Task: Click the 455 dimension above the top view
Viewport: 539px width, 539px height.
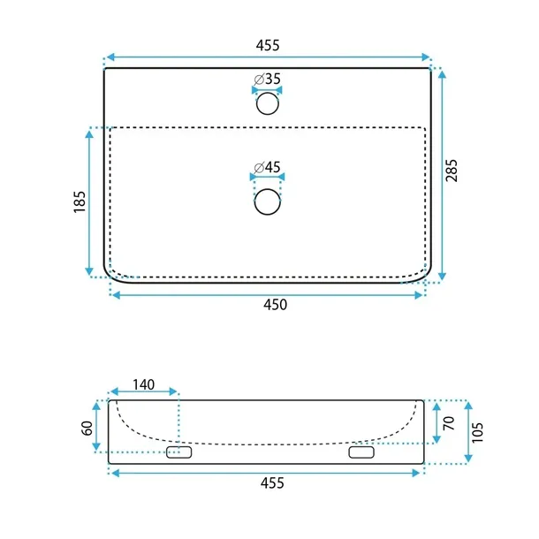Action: tap(268, 45)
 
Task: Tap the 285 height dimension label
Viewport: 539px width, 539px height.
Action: tap(452, 171)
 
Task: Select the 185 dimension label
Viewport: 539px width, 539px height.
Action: tap(80, 201)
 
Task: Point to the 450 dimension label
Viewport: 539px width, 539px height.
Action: tap(276, 305)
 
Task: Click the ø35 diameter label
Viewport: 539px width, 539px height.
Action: tap(268, 79)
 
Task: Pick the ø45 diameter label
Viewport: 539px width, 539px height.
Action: tap(268, 167)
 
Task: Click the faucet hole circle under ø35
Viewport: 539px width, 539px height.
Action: tap(268, 103)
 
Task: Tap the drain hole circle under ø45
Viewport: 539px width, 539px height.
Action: tap(268, 201)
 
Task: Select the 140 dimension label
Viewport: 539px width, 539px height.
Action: tap(144, 384)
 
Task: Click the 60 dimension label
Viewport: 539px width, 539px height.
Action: tap(87, 428)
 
